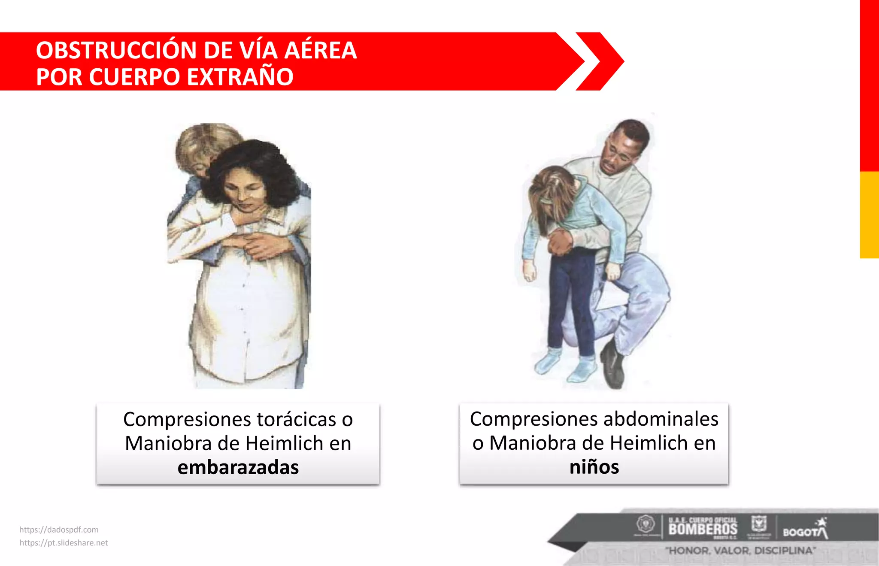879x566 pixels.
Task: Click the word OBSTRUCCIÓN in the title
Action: [116, 50]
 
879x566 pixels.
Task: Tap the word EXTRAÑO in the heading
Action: [240, 77]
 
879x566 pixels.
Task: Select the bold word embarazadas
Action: [238, 467]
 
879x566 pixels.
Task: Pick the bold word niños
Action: [594, 467]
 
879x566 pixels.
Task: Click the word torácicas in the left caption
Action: [297, 420]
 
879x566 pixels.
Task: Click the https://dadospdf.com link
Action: [59, 530]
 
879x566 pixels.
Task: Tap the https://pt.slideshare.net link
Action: [64, 543]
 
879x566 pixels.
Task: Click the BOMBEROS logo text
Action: [703, 529]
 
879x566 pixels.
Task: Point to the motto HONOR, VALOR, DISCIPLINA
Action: [740, 551]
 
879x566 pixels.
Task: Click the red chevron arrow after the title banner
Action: [600, 61]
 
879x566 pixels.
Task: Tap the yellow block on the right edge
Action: [869, 215]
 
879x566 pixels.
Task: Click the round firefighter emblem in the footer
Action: [645, 524]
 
